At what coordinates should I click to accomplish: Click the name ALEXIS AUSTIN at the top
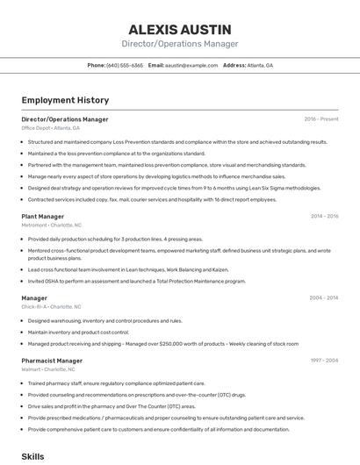point(179,28)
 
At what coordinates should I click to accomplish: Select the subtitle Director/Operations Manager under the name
point(179,44)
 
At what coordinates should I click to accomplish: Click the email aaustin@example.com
point(191,66)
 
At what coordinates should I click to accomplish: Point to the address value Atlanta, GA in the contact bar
point(260,66)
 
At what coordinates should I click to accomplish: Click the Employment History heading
point(65,100)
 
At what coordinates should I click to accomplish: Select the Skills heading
point(32,457)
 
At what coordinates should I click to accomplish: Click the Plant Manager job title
point(42,216)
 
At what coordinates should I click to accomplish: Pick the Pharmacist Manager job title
point(52,361)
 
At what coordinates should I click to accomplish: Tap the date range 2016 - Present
point(321,119)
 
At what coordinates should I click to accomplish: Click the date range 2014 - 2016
point(324,216)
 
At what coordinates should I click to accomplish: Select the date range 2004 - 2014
point(324,298)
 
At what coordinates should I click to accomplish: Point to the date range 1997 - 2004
point(324,361)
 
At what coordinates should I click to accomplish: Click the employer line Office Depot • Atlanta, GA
point(50,128)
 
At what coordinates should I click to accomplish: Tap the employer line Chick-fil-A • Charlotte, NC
point(51,307)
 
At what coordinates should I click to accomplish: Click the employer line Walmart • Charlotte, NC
point(48,369)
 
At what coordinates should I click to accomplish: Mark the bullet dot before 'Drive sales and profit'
point(22,406)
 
